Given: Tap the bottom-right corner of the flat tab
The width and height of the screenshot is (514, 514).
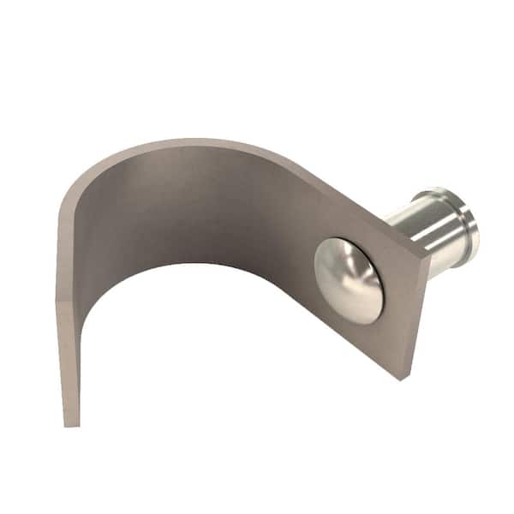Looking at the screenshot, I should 400,378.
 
